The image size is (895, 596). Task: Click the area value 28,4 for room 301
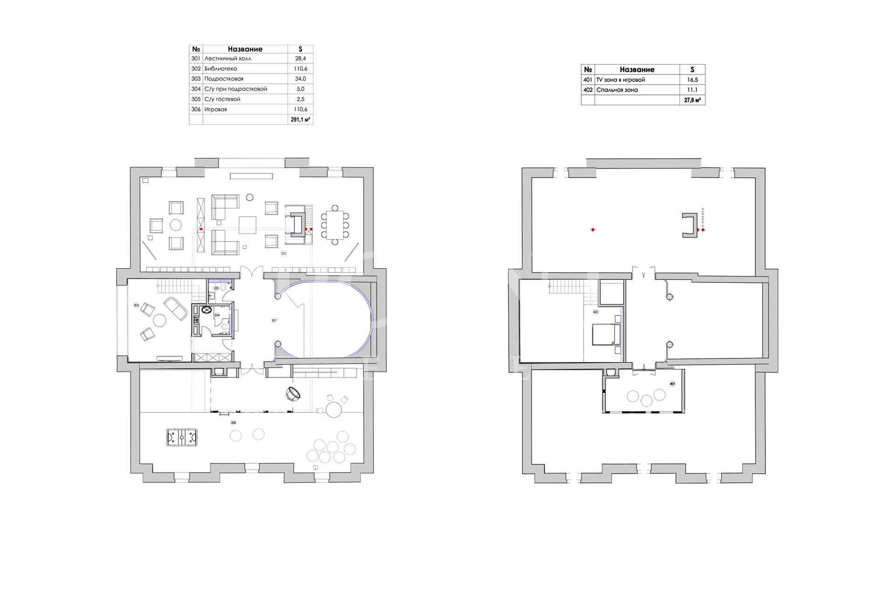pyautogui.click(x=300, y=59)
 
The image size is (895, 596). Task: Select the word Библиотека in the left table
pyautogui.click(x=220, y=69)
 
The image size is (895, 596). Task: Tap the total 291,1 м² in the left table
pyautogui.click(x=300, y=120)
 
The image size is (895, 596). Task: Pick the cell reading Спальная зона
pyautogui.click(x=617, y=90)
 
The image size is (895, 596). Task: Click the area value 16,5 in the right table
pyautogui.click(x=692, y=80)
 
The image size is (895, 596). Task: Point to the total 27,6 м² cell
pyautogui.click(x=692, y=100)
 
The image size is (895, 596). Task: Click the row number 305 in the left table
pyautogui.click(x=196, y=99)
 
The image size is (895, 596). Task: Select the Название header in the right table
pyautogui.click(x=637, y=69)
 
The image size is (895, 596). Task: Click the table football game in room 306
pyautogui.click(x=181, y=438)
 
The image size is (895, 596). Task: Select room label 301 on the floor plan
pyautogui.click(x=274, y=321)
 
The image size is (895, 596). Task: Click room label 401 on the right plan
pyautogui.click(x=672, y=384)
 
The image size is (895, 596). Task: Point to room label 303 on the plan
pyautogui.click(x=136, y=305)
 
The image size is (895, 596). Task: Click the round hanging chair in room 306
pyautogui.click(x=295, y=394)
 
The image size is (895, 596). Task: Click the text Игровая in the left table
pyautogui.click(x=215, y=109)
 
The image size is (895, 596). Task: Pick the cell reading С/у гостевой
pyautogui.click(x=222, y=99)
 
